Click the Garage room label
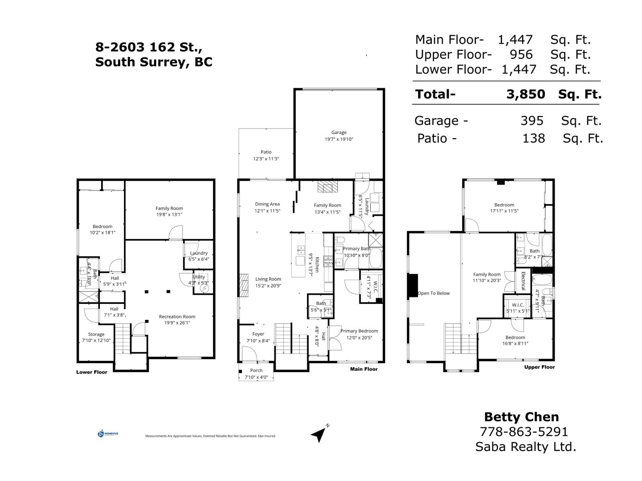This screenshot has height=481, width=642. click(339, 132)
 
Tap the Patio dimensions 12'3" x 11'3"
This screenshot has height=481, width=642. click(266, 159)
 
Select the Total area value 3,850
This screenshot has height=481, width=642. click(526, 94)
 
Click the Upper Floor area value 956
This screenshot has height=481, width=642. click(521, 55)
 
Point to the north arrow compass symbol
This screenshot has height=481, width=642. click(319, 434)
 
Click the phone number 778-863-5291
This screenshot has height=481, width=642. click(524, 432)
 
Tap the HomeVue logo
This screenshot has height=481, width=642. click(108, 434)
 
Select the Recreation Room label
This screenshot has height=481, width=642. click(177, 317)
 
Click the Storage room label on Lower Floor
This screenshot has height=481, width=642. click(96, 334)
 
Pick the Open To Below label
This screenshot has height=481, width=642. click(434, 293)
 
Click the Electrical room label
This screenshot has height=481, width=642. click(523, 281)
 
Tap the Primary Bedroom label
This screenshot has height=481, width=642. click(359, 331)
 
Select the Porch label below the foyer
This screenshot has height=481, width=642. click(256, 370)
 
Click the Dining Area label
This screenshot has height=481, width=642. click(267, 204)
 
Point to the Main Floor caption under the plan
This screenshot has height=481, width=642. click(364, 369)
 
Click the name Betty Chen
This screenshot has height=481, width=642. click(521, 417)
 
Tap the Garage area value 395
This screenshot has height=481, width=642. click(532, 121)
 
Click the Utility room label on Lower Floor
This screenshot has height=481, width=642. click(199, 277)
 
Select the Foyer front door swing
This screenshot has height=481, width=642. click(249, 353)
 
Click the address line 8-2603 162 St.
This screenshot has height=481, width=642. click(148, 47)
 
